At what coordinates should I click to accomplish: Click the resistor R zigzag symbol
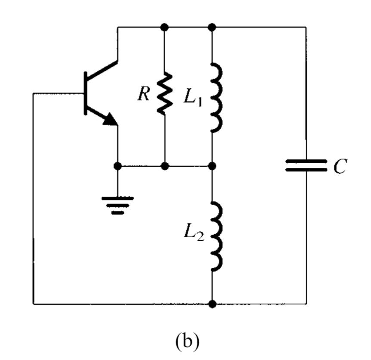[164, 94]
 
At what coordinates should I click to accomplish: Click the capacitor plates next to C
[306, 165]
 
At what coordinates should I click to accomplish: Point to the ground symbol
[117, 205]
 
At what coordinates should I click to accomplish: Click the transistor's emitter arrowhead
[111, 119]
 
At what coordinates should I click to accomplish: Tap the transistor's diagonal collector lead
[102, 71]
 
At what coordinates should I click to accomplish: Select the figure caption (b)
[186, 340]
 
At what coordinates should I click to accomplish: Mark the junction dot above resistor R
[164, 27]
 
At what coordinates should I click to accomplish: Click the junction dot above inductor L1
[212, 27]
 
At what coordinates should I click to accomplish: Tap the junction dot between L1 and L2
[212, 165]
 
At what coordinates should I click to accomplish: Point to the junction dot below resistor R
[164, 165]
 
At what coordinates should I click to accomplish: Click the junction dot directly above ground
[117, 165]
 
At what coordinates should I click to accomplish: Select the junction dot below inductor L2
[212, 304]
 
